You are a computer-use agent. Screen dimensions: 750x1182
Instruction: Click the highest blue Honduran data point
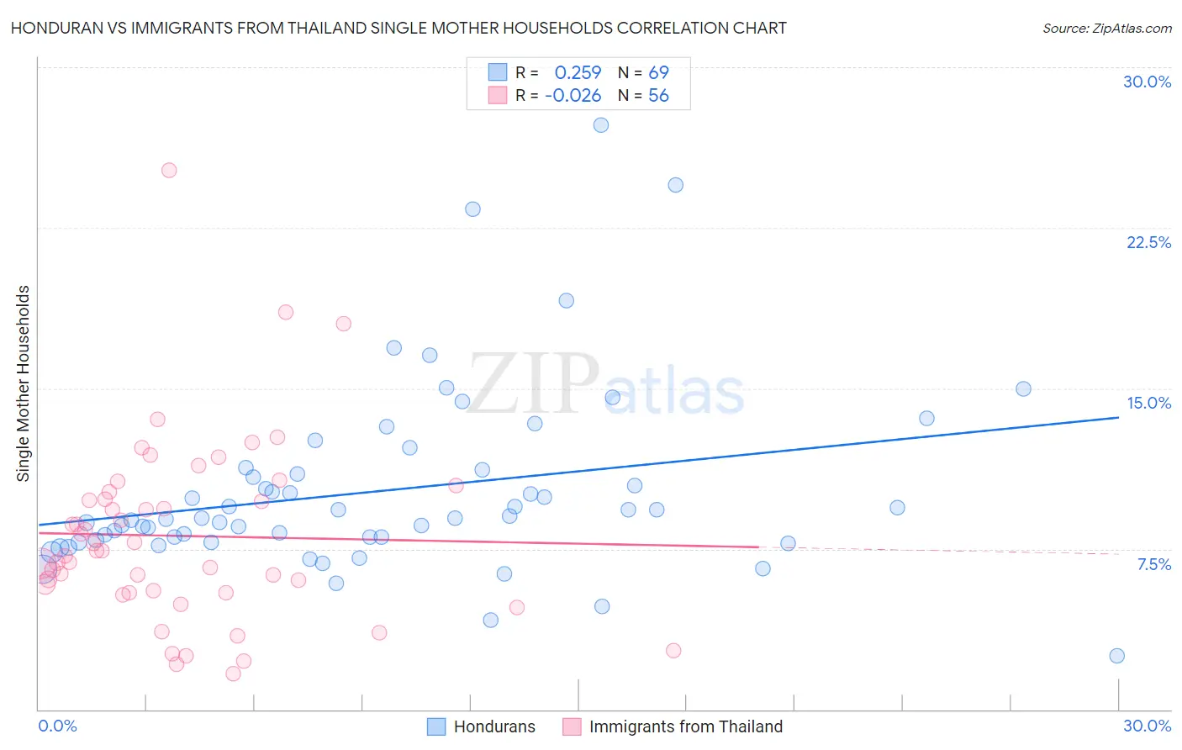tap(600, 125)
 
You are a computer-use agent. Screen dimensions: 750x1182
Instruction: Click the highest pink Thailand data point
tap(169, 170)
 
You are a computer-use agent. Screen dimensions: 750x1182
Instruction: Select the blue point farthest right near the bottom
tap(1116, 656)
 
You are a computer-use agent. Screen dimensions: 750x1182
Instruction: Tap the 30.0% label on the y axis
tap(1147, 82)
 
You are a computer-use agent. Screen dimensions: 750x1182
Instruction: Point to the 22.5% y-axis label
tap(1148, 242)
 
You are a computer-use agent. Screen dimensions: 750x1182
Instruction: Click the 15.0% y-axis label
tap(1148, 403)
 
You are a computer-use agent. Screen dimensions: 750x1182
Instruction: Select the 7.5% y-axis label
tap(1153, 564)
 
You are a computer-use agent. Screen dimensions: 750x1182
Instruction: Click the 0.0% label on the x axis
tap(57, 726)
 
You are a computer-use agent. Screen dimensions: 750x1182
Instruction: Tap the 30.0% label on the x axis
tap(1147, 726)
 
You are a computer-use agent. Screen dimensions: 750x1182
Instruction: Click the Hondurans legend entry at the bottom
tap(493, 726)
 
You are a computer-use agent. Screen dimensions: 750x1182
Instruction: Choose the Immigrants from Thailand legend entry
tap(685, 726)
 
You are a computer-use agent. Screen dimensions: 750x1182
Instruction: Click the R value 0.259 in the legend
tap(578, 73)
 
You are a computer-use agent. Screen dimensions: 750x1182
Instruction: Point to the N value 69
tap(658, 73)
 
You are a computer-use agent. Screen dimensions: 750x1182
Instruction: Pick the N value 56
tap(658, 96)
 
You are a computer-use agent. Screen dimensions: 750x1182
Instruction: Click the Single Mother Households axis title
tap(24, 383)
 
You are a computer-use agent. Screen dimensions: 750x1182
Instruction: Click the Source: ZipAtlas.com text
tap(1106, 29)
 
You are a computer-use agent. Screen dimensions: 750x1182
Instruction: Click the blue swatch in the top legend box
tap(498, 72)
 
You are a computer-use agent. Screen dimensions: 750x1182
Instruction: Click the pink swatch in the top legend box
tap(498, 95)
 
